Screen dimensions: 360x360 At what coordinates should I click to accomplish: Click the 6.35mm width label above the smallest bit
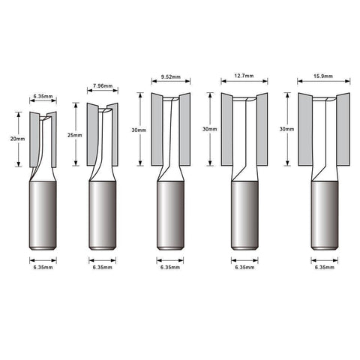pyautogui.click(x=43, y=96)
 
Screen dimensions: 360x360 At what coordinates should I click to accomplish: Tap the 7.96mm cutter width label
pyautogui.click(x=103, y=86)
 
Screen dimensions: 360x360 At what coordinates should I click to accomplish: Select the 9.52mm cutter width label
pyautogui.click(x=171, y=77)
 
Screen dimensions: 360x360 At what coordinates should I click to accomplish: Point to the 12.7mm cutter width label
pyautogui.click(x=244, y=76)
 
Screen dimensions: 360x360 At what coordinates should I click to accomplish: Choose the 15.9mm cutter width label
pyautogui.click(x=323, y=76)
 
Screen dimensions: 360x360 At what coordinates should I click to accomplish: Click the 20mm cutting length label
pyautogui.click(x=17, y=139)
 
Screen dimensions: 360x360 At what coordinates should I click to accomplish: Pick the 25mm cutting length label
pyautogui.click(x=75, y=135)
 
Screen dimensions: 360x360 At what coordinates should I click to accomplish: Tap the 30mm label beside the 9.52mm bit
pyautogui.click(x=139, y=130)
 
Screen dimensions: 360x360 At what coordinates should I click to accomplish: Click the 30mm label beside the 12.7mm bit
pyautogui.click(x=210, y=129)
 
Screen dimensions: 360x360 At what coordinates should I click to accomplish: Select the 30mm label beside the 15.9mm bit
pyautogui.click(x=286, y=129)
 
